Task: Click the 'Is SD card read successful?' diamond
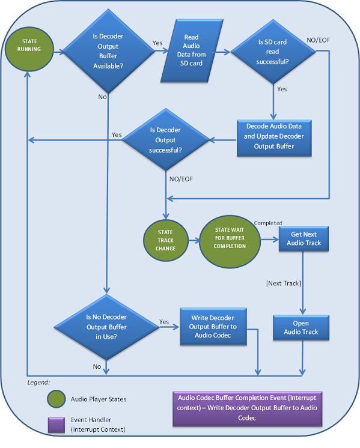(273, 51)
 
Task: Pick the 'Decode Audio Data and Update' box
(273, 136)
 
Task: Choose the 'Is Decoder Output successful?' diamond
(165, 139)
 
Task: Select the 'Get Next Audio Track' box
(306, 238)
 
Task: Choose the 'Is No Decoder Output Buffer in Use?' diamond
(106, 328)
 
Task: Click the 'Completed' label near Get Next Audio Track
(268, 223)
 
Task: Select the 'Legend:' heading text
(40, 382)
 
